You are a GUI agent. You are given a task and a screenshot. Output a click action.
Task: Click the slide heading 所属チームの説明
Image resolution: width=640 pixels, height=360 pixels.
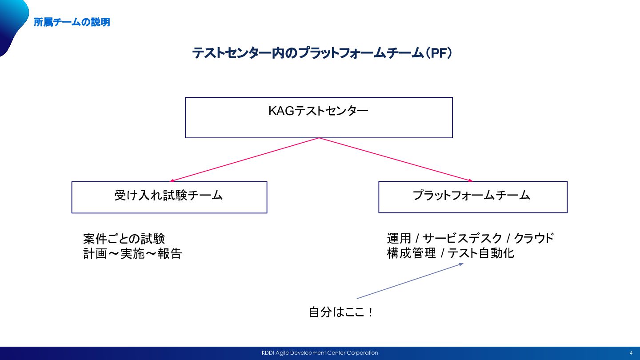(x=72, y=22)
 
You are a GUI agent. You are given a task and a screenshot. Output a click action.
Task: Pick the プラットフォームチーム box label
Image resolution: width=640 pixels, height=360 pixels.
(x=472, y=196)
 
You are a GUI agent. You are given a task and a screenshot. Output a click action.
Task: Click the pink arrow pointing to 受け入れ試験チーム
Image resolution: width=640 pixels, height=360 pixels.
(x=244, y=160)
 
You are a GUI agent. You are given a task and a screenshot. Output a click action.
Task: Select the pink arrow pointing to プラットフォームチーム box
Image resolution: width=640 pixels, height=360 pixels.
(x=396, y=160)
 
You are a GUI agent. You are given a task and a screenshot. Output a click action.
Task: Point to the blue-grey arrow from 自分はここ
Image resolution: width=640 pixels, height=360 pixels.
(x=410, y=281)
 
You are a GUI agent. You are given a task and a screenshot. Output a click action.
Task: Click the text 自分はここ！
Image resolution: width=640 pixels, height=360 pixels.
(x=341, y=312)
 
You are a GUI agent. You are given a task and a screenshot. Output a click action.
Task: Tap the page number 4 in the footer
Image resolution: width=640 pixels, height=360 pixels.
(x=631, y=353)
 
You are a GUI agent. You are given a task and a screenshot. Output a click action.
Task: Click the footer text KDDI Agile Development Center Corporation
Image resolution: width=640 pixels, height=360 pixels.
(x=320, y=353)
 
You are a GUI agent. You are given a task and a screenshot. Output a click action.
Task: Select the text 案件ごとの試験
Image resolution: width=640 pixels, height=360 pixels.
(x=124, y=239)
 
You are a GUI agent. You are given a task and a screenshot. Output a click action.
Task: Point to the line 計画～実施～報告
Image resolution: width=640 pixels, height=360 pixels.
(x=132, y=253)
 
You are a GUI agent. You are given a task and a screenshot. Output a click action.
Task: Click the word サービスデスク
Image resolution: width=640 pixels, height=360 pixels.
(x=462, y=238)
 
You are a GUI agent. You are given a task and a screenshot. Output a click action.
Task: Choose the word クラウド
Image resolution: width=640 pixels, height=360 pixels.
(x=534, y=238)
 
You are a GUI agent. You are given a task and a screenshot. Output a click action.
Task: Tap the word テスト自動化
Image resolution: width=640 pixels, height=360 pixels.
(x=481, y=253)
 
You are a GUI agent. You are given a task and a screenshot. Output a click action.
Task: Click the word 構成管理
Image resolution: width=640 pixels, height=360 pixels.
(x=412, y=253)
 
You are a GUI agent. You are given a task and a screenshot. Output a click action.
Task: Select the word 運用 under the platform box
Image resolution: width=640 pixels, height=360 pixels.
(x=399, y=238)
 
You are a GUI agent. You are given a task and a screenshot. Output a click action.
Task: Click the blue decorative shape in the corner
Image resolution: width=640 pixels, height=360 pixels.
(x=13, y=26)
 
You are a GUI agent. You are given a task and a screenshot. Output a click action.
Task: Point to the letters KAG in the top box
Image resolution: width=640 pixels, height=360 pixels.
(x=281, y=111)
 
